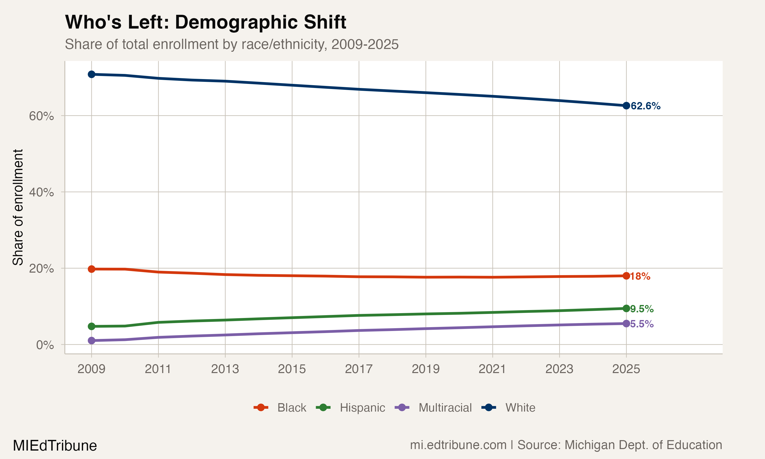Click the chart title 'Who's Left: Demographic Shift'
point(205,22)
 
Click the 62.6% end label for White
point(645,106)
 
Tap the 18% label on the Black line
point(640,276)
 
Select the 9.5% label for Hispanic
point(642,309)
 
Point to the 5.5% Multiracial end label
point(642,324)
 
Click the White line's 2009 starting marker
point(92,74)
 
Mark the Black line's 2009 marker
point(92,269)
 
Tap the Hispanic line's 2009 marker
point(92,326)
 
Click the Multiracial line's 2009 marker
point(92,340)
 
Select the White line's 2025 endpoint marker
point(626,106)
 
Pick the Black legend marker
point(261,408)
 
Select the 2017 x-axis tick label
point(359,369)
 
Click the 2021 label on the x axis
point(492,369)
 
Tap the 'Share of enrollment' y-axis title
point(18,207)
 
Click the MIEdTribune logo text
point(55,446)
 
